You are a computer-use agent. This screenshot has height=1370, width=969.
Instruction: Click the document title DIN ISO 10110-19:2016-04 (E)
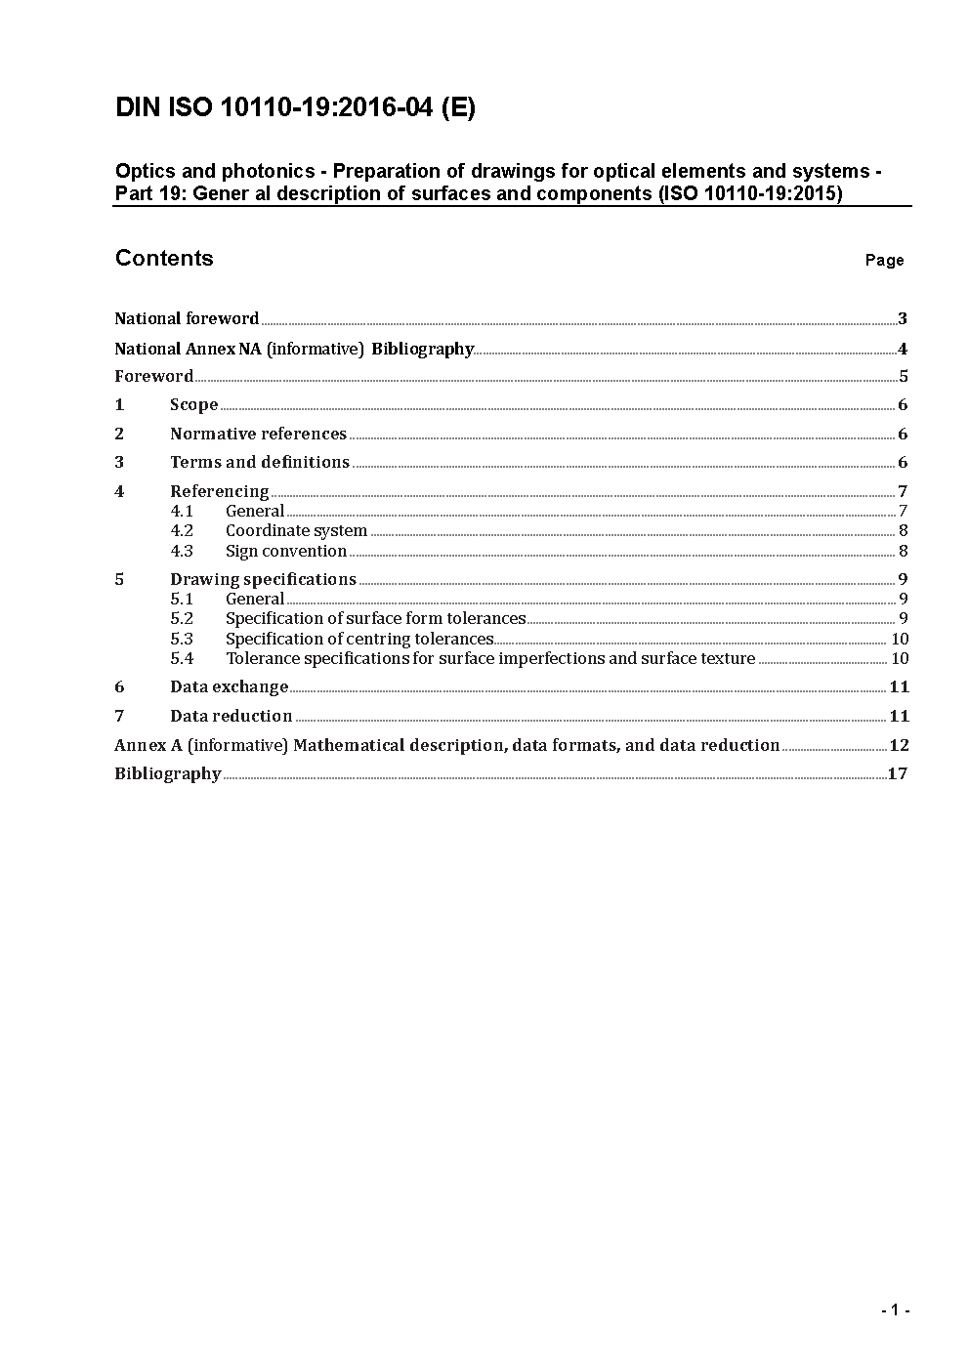pyautogui.click(x=295, y=107)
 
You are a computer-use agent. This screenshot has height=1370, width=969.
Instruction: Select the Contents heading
pyautogui.click(x=164, y=258)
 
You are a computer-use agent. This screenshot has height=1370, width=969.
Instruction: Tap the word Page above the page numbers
pyautogui.click(x=884, y=260)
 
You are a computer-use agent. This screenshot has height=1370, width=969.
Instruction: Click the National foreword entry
pyautogui.click(x=187, y=318)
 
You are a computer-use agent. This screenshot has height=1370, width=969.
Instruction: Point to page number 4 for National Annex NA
pyautogui.click(x=903, y=349)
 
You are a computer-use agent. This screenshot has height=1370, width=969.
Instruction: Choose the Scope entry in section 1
pyautogui.click(x=193, y=404)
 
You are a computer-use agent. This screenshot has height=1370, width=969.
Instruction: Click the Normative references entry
pyautogui.click(x=258, y=434)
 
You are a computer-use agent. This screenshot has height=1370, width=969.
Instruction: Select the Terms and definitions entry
pyautogui.click(x=260, y=462)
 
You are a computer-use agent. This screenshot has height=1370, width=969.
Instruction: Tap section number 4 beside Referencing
pyautogui.click(x=119, y=491)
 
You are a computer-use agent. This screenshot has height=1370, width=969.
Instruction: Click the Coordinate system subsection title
pyautogui.click(x=296, y=531)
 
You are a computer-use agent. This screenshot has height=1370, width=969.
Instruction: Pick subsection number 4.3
pyautogui.click(x=182, y=551)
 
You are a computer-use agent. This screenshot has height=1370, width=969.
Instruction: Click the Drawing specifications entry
pyautogui.click(x=263, y=579)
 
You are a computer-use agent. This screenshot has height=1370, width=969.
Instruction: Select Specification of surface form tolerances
pyautogui.click(x=375, y=618)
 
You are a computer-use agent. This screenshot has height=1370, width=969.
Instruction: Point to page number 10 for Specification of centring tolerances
pyautogui.click(x=900, y=639)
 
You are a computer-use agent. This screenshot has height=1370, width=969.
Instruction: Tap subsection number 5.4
pyautogui.click(x=182, y=658)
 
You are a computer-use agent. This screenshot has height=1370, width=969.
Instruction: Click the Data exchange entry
pyautogui.click(x=229, y=686)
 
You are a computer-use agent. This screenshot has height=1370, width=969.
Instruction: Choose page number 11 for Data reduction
pyautogui.click(x=899, y=716)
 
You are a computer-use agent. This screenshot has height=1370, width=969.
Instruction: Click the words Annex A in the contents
pyautogui.click(x=148, y=745)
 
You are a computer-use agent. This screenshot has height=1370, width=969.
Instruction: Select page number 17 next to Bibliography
pyautogui.click(x=898, y=773)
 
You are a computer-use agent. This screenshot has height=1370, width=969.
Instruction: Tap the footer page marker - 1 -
pyautogui.click(x=895, y=1310)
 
